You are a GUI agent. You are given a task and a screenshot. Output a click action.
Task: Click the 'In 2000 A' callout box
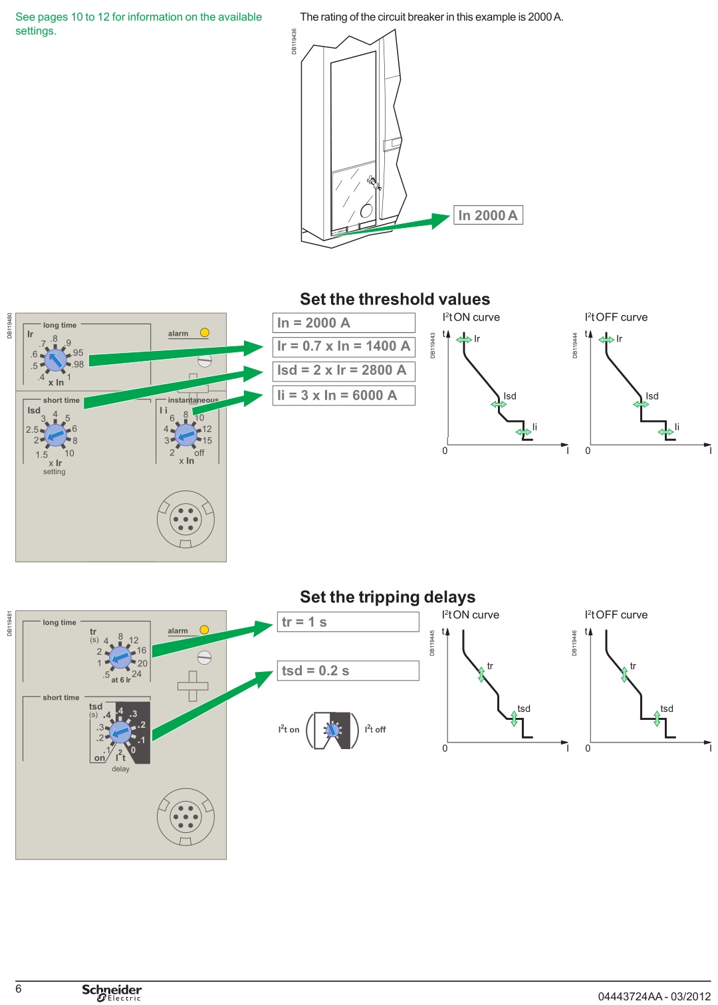pos(488,215)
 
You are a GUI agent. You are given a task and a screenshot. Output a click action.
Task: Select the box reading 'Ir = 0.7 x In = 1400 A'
pos(344,346)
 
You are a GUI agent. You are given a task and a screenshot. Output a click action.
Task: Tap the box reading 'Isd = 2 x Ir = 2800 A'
pos(344,370)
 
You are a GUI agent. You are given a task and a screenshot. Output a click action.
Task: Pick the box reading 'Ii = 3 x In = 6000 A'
pos(344,395)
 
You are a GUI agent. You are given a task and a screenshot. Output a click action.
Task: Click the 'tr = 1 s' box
pos(348,622)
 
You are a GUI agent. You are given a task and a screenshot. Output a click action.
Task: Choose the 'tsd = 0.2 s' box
pos(348,671)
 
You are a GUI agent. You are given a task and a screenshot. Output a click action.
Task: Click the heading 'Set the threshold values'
pos(395,299)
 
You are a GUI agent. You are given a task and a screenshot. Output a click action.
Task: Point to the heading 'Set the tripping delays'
pos(388,597)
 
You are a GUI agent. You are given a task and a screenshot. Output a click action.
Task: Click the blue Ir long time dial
pos(56,360)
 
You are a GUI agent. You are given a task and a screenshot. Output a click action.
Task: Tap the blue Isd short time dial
pos(55,435)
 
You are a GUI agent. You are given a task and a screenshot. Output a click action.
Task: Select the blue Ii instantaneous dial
pos(185,435)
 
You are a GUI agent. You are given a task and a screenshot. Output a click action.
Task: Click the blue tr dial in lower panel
pos(120,658)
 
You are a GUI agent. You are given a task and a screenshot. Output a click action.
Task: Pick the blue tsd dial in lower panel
pos(120,732)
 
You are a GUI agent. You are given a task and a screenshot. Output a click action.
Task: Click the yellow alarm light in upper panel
pos(205,332)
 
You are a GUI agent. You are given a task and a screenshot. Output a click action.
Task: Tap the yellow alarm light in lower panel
pos(205,629)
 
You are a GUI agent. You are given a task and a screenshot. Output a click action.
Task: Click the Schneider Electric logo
pos(112,992)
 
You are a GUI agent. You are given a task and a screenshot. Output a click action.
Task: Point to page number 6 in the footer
pos(19,989)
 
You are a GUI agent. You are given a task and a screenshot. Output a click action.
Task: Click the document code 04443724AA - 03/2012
pos(654,996)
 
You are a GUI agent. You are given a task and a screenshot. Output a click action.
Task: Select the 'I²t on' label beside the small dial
pos(289,729)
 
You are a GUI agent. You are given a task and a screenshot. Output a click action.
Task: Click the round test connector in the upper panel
pos(185,519)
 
